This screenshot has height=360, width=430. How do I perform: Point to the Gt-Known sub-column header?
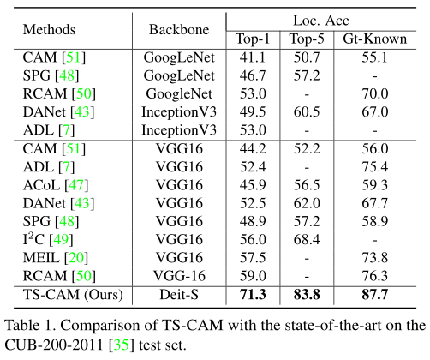378,39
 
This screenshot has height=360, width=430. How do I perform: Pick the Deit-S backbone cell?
179,295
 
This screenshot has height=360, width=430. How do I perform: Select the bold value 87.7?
378,295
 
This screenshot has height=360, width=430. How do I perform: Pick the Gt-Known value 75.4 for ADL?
378,165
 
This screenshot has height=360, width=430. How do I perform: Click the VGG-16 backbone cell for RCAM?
179,275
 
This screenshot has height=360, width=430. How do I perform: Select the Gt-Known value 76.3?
378,275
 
